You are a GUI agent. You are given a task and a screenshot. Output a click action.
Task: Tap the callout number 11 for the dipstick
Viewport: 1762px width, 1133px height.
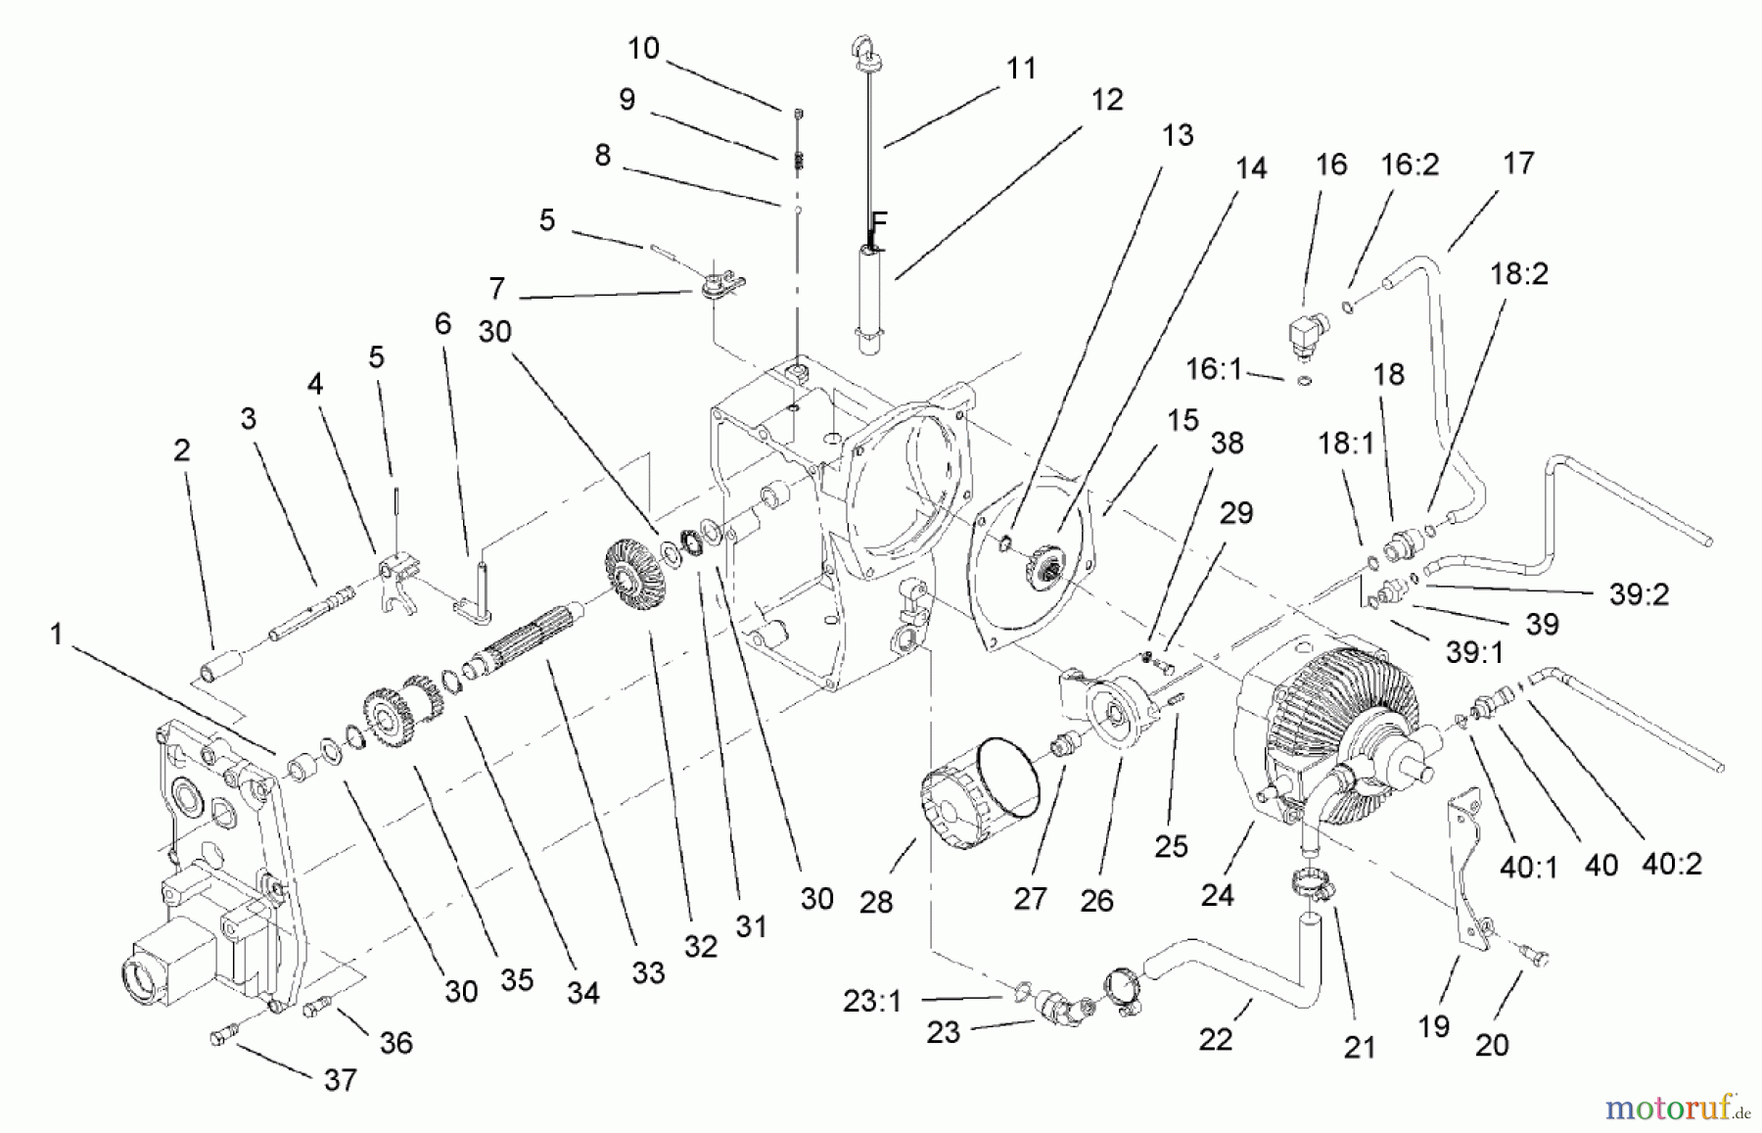1021,69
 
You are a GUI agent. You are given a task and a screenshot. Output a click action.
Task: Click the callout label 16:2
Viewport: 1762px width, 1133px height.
1410,164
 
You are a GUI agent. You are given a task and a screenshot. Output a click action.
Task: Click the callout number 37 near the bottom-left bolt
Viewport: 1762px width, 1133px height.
340,1080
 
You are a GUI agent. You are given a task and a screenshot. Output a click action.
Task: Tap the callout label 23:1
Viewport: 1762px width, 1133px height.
871,1002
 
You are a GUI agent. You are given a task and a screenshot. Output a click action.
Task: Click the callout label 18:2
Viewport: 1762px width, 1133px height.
1518,274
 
